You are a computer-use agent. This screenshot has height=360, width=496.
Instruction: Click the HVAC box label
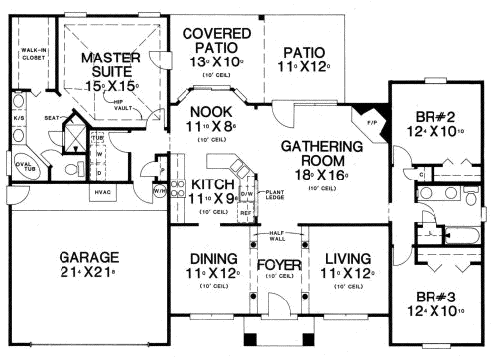click(x=104, y=191)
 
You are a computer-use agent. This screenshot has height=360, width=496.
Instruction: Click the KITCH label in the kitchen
click(x=210, y=184)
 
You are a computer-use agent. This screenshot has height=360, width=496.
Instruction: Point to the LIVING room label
click(x=347, y=257)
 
